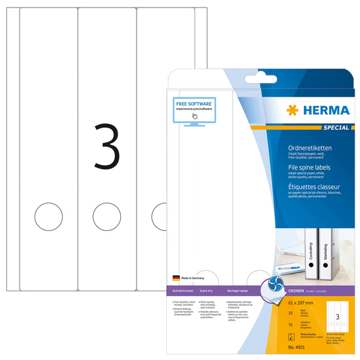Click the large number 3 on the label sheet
pyautogui.click(x=106, y=147)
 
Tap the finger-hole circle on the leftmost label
pyautogui.click(x=47, y=216)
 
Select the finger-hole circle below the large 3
pyautogui.click(x=106, y=216)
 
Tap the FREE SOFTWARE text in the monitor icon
pyautogui.click(x=193, y=101)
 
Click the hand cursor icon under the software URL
pyautogui.click(x=194, y=116)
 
